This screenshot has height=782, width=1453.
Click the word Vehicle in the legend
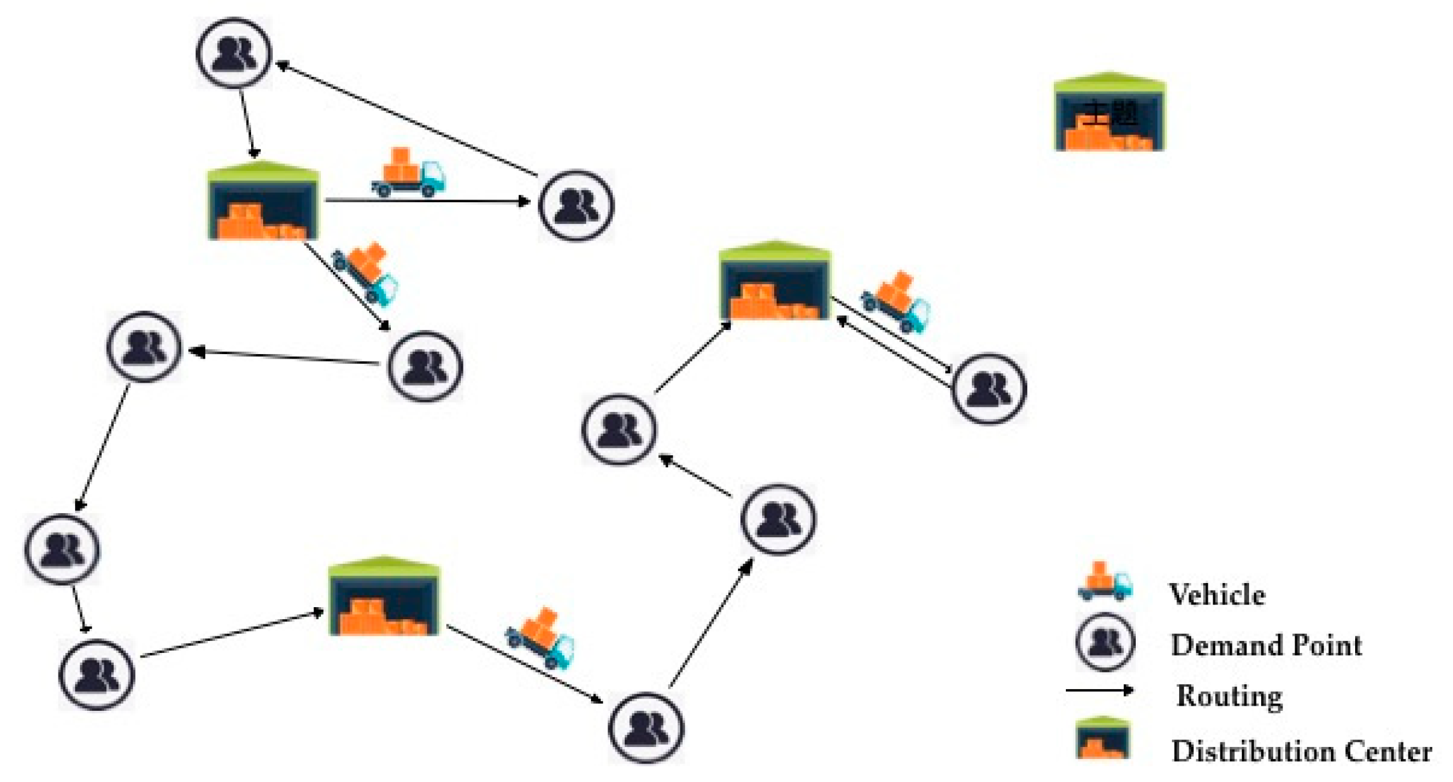tap(1217, 594)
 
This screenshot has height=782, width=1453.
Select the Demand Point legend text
tap(1265, 645)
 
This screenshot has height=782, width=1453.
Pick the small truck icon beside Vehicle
tap(1105, 582)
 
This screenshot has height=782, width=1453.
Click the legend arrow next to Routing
tap(1100, 690)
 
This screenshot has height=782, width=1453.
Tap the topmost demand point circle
tap(234, 53)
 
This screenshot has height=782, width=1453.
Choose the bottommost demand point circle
tap(646, 728)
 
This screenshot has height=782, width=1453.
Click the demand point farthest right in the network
tap(988, 388)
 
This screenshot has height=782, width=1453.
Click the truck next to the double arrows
tap(896, 302)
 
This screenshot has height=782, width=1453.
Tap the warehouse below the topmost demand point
tap(263, 202)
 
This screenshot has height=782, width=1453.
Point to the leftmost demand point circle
tap(62, 549)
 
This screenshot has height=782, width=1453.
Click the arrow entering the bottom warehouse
tap(232, 635)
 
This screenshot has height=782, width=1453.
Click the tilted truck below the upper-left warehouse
tap(366, 273)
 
